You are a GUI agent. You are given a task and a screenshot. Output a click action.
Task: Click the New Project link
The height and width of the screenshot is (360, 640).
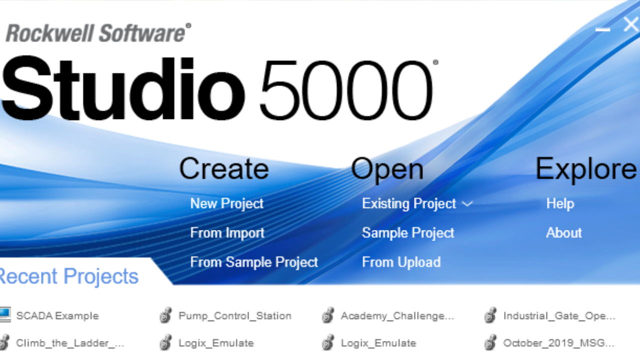pos(226,203)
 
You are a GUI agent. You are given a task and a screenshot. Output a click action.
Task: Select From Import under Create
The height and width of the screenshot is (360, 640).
pos(227,233)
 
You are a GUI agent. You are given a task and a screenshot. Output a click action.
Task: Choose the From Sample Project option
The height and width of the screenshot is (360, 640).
pos(254,262)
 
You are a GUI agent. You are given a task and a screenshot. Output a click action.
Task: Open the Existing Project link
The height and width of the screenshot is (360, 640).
pos(408,203)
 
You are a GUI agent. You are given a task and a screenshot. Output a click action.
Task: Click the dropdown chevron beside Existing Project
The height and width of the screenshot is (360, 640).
pos(467,204)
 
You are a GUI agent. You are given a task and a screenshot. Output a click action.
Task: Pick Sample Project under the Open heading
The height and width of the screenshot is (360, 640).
pos(408,233)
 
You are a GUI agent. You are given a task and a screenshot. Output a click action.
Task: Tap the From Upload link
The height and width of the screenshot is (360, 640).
pos(401,262)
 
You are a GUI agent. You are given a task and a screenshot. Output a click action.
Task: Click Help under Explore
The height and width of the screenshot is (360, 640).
pos(560,203)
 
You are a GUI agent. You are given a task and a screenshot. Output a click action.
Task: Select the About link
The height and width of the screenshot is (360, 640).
pos(563,233)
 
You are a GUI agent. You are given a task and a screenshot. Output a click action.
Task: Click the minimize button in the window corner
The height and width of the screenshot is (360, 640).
pos(602,29)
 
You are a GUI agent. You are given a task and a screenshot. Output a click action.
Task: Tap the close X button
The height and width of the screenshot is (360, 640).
pos(631,24)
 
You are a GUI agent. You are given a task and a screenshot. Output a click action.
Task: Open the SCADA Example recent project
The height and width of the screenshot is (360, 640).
pos(57,316)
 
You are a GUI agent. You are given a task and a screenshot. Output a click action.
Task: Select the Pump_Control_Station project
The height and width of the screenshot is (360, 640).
pos(234,316)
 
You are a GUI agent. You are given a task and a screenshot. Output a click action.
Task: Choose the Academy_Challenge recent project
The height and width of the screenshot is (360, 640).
pos(397,316)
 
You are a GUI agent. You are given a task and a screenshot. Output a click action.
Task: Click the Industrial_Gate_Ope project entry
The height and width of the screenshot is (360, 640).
pos(559,316)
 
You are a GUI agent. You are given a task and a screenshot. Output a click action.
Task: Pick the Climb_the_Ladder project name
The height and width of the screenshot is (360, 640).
pos(70,343)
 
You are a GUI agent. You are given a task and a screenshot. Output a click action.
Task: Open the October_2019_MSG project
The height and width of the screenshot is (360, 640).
pos(558,343)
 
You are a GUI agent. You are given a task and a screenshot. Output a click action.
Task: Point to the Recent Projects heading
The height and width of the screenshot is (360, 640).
pos(68,276)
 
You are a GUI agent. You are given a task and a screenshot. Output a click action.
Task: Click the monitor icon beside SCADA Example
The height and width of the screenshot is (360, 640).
pos(4,314)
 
